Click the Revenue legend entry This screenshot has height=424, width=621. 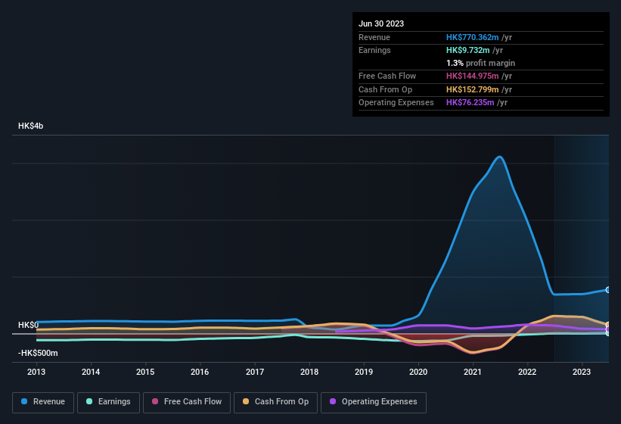point(42,401)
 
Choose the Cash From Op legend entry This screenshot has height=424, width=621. point(276,401)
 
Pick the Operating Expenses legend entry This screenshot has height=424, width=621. point(374,401)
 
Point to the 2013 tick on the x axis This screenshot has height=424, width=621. point(36,372)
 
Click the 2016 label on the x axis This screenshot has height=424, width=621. point(200,372)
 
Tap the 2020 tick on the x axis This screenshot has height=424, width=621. point(418,372)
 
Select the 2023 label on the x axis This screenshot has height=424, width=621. point(582,372)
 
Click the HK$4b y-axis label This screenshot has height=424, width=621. point(31,126)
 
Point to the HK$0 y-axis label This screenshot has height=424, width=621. point(28,325)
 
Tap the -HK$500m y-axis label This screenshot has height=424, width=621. point(38,353)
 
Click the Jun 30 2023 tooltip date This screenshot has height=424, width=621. point(381,23)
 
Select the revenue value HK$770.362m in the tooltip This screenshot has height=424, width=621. point(474,37)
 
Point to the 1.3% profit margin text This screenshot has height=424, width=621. point(480,63)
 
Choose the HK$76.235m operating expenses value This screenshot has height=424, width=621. point(471,102)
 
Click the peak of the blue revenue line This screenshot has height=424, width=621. point(499,157)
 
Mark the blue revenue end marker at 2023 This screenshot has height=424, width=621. point(608,290)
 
